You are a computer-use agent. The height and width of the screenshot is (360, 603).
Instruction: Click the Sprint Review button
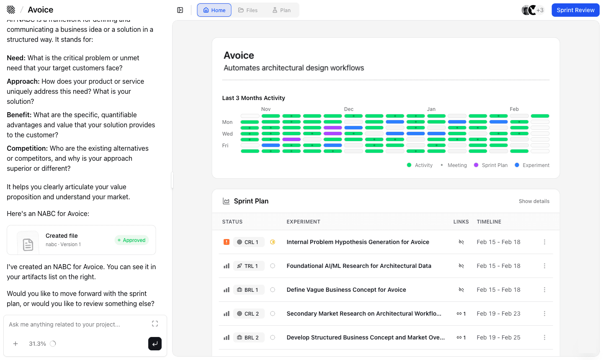point(575,10)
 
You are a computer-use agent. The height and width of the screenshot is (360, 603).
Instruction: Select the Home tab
point(214,10)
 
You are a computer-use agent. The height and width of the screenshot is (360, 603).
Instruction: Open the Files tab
point(248,10)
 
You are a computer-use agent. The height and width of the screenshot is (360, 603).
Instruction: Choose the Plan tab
point(281,10)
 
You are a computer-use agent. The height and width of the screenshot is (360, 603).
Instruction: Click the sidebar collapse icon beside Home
point(180,10)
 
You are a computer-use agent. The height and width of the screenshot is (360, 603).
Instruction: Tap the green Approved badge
point(131,240)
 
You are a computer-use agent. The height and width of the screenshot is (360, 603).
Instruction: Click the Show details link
point(534,201)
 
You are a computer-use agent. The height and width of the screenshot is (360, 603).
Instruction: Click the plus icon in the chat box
point(15,344)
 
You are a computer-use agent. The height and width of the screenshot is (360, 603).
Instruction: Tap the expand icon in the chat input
point(155,324)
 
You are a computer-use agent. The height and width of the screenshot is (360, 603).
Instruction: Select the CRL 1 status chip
point(248,242)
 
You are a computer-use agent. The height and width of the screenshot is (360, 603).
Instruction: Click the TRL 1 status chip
point(248,266)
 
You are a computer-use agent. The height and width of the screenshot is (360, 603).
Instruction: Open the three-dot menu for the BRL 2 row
point(544,337)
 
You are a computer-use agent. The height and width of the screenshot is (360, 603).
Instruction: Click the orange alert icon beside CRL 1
point(227,242)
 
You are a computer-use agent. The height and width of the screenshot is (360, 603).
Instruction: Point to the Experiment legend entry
point(532,165)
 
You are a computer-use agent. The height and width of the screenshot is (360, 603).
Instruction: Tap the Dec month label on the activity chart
point(349,109)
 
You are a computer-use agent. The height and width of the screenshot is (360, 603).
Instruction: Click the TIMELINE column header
point(489,222)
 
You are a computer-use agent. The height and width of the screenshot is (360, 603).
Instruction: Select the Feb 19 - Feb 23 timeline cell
point(498,314)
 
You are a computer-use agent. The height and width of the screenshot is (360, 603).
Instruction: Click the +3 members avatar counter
point(540,10)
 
